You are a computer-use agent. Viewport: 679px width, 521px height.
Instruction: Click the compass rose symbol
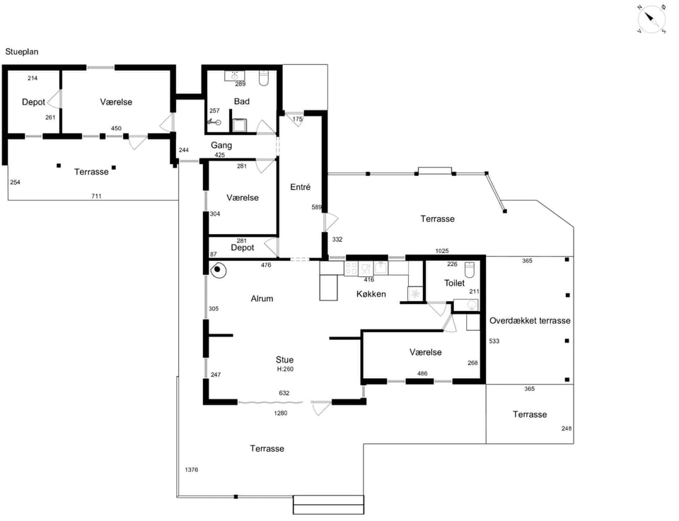(x=651, y=20)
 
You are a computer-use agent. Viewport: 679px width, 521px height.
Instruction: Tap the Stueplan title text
(x=22, y=52)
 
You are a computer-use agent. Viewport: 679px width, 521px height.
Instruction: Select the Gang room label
(x=221, y=146)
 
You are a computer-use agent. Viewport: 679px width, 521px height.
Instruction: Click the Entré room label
(x=300, y=187)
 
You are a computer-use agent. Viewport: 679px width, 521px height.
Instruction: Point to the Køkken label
(x=371, y=294)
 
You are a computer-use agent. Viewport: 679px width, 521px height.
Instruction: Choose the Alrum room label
(x=262, y=298)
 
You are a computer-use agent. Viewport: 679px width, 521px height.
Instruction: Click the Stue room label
(x=284, y=360)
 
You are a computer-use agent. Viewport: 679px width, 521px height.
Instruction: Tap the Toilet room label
(x=454, y=283)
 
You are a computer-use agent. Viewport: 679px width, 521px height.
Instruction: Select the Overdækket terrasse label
(x=530, y=321)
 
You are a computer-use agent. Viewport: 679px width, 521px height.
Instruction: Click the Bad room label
(x=242, y=101)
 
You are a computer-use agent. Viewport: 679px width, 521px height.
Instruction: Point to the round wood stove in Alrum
(x=219, y=270)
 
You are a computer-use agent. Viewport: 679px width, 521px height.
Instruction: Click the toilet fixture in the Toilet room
(x=470, y=269)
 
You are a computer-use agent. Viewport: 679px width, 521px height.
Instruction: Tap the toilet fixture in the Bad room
(x=264, y=78)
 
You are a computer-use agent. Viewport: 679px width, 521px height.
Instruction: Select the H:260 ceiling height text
(x=285, y=369)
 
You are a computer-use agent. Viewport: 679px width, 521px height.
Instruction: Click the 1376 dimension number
(x=192, y=469)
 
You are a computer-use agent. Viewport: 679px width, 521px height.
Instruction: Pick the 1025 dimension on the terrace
(x=441, y=250)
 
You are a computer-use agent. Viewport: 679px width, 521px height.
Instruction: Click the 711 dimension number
(x=96, y=196)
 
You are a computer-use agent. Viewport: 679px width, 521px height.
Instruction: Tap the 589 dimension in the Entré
(x=317, y=207)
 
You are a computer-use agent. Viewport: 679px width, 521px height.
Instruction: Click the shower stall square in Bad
(x=240, y=126)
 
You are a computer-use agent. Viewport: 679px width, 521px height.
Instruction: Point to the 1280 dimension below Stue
(x=281, y=413)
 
